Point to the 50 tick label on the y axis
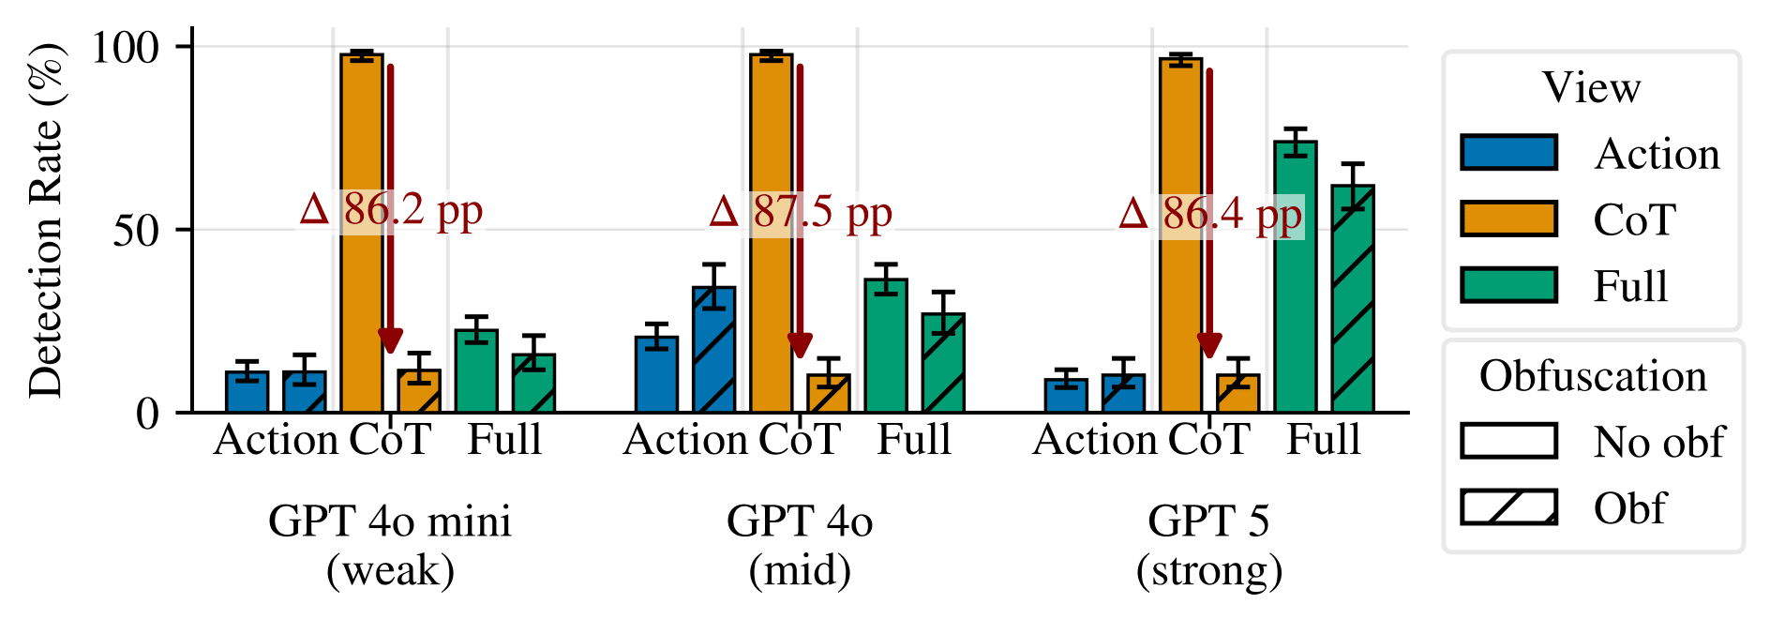tap(136, 230)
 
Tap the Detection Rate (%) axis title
tap(45, 220)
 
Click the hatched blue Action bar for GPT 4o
tap(713, 349)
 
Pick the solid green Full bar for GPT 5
tap(1295, 277)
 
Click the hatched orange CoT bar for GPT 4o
tap(828, 393)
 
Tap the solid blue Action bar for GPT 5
tap(1066, 395)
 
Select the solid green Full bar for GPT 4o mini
tap(476, 370)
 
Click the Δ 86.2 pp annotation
tap(391, 211)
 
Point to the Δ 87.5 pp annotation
tap(801, 213)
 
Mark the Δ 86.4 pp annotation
tap(1210, 215)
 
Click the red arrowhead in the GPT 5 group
tap(1209, 345)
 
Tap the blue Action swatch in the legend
tap(1508, 153)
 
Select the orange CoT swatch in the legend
tap(1508, 219)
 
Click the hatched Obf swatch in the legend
tap(1508, 506)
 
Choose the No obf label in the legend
tap(1657, 442)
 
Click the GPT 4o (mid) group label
tap(800, 545)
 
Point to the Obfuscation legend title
tap(1593, 376)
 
